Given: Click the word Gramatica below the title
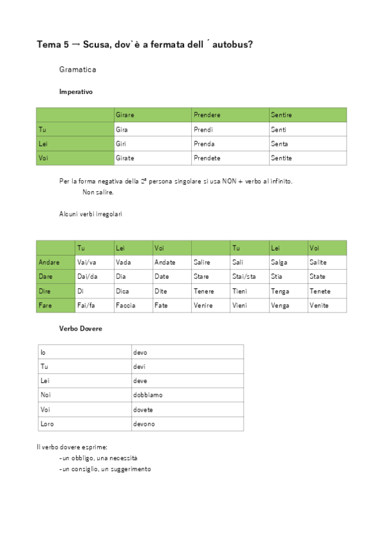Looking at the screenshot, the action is [77, 68].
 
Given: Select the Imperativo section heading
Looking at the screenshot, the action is [75, 91].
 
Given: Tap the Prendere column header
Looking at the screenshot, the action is [207, 115].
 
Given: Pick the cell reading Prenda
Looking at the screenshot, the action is [204, 144].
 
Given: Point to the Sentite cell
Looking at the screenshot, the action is [281, 158].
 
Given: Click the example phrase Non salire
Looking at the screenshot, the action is [98, 192].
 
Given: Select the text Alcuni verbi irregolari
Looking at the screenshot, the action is [91, 214].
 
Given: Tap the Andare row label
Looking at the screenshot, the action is [50, 262].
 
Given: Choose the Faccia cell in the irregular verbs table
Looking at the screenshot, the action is [125, 306].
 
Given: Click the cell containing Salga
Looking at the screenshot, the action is [279, 262].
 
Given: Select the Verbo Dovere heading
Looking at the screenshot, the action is [81, 329].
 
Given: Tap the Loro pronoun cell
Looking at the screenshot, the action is [47, 424].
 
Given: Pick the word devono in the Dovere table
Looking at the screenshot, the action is [145, 424].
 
